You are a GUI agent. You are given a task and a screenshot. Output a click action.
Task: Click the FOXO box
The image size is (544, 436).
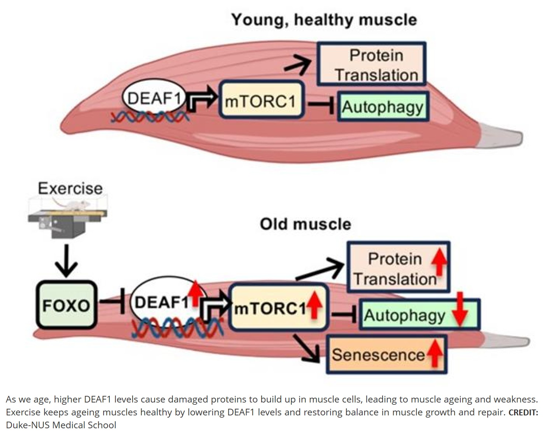pyautogui.click(x=66, y=305)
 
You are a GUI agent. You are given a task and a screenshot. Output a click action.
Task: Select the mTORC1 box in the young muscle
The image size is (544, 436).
pyautogui.click(x=262, y=100)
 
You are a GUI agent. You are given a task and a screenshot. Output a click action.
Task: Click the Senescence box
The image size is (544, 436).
pyautogui.click(x=386, y=354)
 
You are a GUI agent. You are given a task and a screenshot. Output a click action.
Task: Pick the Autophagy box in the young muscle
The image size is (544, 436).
pyautogui.click(x=383, y=107)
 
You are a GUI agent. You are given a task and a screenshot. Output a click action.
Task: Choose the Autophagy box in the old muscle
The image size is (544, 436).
pyautogui.click(x=419, y=315)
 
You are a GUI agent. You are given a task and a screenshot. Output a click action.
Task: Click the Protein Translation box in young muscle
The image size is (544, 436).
pyautogui.click(x=372, y=64)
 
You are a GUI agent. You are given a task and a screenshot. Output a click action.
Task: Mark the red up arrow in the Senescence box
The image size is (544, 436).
pyautogui.click(x=435, y=353)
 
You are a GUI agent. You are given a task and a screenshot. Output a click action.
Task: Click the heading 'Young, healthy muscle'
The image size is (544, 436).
pyautogui.click(x=324, y=20)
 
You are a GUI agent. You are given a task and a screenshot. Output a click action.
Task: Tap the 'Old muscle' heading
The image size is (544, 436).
pyautogui.click(x=306, y=224)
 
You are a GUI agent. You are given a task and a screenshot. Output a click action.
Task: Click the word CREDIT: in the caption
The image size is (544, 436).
pyautogui.click(x=523, y=412)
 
